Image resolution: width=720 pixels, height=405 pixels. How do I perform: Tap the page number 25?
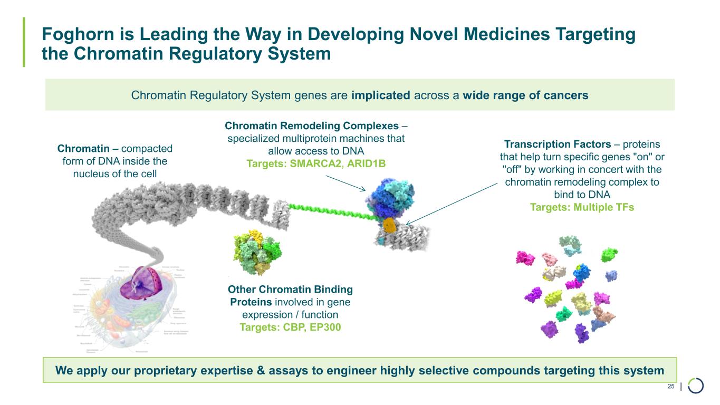pos(671,387)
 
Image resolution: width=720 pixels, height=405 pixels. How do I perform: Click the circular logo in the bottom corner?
pos(695,386)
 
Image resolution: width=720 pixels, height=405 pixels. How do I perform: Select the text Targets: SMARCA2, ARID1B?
pos(316,163)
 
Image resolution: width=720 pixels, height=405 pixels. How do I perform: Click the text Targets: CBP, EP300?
pos(290,327)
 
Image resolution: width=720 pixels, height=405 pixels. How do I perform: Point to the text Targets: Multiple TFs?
pos(582,207)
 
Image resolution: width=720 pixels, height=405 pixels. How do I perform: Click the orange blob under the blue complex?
pos(389,225)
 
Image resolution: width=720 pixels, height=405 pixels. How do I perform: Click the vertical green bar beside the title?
pos(24,42)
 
